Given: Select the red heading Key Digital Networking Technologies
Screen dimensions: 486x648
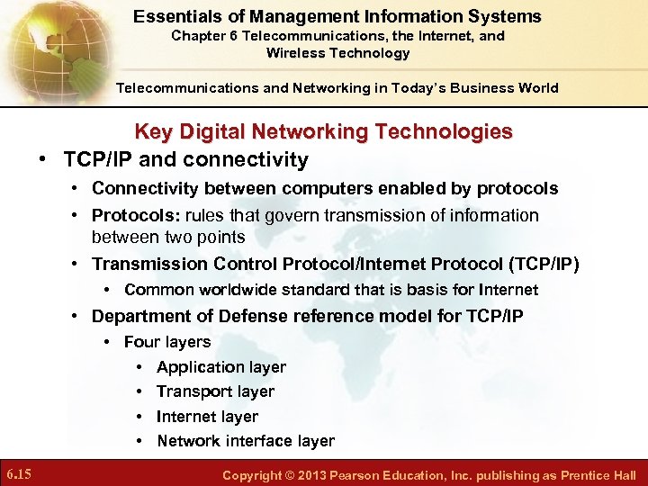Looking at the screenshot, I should point(323,131).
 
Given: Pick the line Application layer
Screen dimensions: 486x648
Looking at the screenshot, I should point(220,367).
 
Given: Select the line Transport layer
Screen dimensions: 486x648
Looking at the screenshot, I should point(215,391).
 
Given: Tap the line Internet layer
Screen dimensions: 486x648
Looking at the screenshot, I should point(207,417).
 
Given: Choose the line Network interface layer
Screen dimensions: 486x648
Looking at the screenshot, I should point(245,441).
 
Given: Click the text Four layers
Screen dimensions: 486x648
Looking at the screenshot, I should point(167,342).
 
